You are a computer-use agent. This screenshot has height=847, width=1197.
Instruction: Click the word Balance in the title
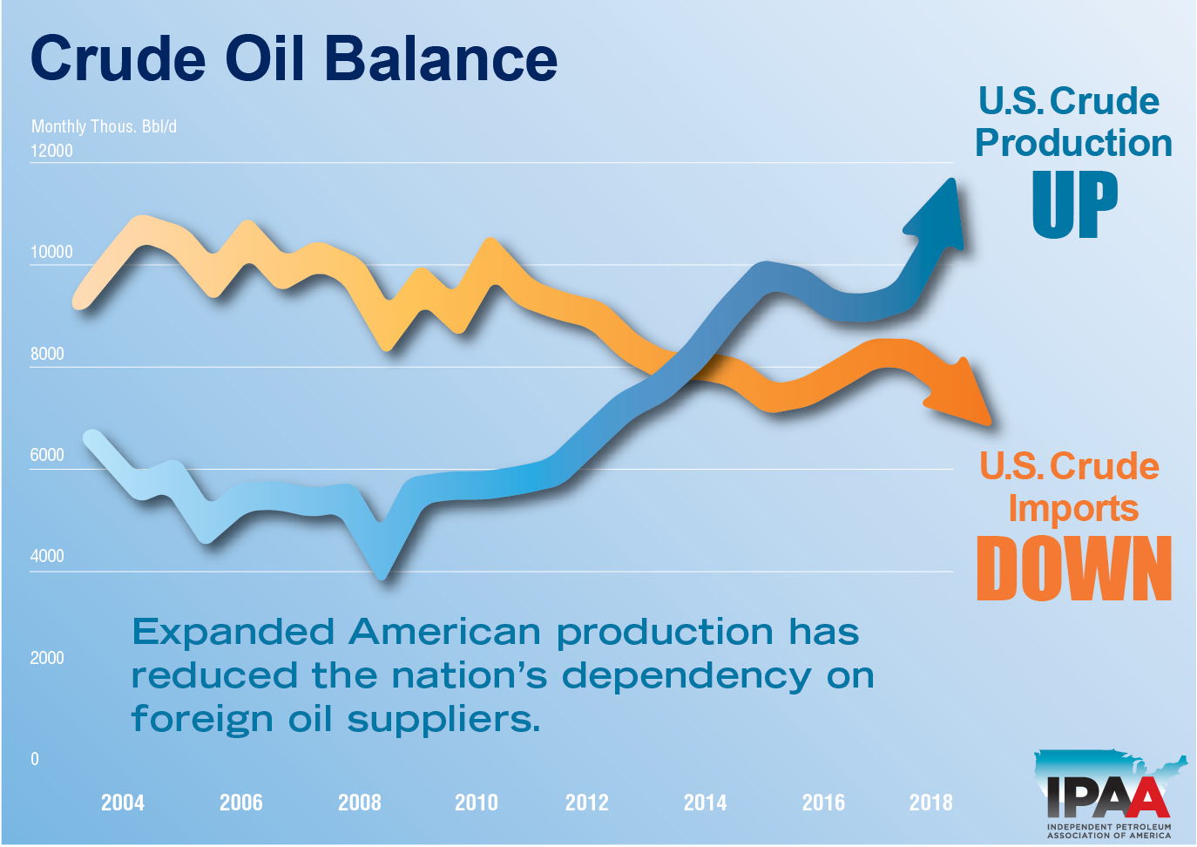[x=441, y=59]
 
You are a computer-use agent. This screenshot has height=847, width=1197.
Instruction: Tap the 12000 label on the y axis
[x=51, y=151]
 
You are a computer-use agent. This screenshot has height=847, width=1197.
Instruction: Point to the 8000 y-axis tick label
[x=47, y=354]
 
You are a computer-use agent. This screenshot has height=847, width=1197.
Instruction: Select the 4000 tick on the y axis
[x=47, y=556]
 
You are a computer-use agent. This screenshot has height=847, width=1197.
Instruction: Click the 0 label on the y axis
[x=35, y=759]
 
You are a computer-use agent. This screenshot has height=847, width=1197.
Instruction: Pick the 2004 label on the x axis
[x=123, y=803]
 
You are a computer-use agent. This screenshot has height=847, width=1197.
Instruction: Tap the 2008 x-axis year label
[x=359, y=803]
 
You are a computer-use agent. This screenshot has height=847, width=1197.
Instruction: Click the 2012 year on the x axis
[x=587, y=803]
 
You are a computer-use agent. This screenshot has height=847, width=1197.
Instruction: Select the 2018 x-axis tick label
[x=930, y=803]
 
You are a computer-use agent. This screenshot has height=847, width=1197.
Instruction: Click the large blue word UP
[x=1075, y=205]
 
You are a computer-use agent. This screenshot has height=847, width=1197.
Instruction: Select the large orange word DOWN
[x=1074, y=569]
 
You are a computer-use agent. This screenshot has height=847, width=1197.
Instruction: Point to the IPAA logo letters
[x=1107, y=796]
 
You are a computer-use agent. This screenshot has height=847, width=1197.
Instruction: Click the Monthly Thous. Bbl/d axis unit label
[x=104, y=126]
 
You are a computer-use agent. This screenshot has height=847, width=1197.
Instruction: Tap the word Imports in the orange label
[x=1073, y=508]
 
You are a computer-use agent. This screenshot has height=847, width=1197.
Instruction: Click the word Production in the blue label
[x=1073, y=143]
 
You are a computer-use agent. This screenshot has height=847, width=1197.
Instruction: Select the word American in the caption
[x=444, y=632]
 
